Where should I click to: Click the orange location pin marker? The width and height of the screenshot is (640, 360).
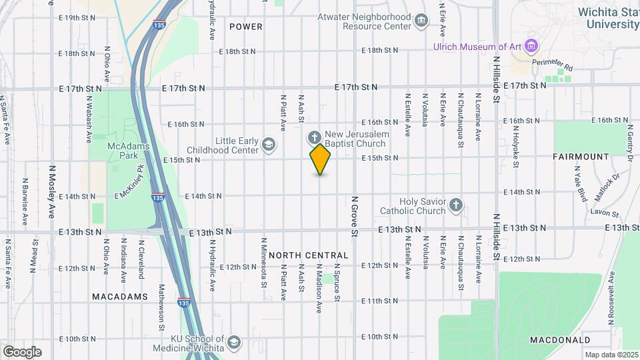click(x=320, y=159)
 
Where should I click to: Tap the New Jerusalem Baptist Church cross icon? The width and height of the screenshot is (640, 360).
click(x=314, y=138)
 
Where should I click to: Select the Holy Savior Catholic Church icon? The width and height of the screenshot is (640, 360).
click(x=456, y=205)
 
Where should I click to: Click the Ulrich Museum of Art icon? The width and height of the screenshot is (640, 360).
click(x=531, y=47)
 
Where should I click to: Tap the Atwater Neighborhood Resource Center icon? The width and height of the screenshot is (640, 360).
click(x=421, y=21)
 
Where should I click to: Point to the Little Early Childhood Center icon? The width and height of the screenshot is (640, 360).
click(x=268, y=145)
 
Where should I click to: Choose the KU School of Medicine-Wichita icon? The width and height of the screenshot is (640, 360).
click(x=234, y=343)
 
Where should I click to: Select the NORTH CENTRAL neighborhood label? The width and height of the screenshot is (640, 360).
click(x=309, y=255)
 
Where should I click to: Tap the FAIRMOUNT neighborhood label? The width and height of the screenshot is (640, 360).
click(x=581, y=157)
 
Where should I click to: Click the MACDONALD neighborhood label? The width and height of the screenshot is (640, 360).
click(x=560, y=340)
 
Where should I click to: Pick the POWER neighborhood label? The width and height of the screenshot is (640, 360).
click(x=246, y=27)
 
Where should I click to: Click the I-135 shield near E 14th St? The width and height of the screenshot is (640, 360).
click(x=157, y=198)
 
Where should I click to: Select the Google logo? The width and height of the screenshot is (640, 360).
click(x=22, y=351)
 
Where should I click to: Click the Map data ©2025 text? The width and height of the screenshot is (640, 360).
click(x=611, y=355)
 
